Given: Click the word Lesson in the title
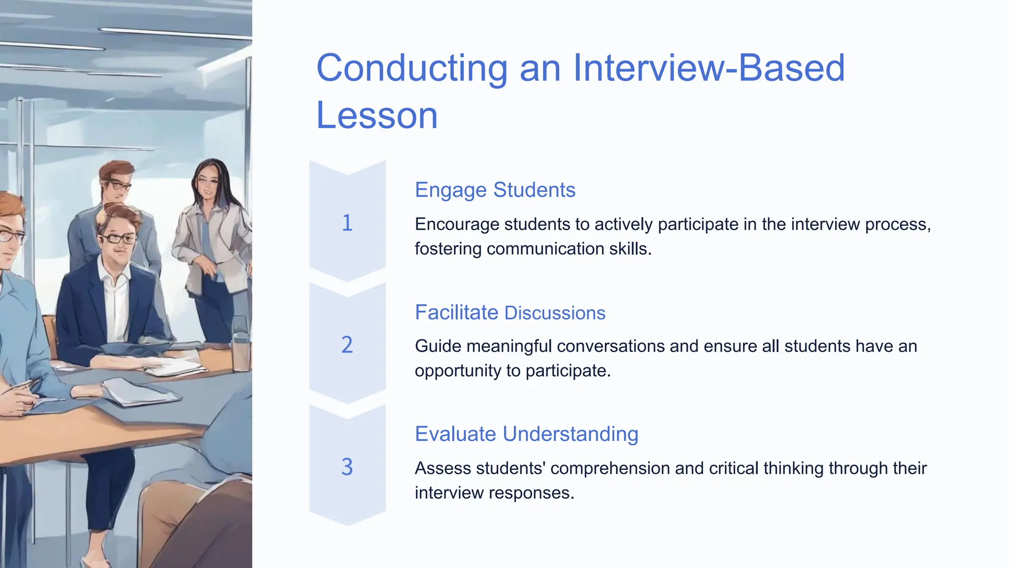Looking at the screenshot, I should (x=377, y=115).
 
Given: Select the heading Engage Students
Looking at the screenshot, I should (x=495, y=190).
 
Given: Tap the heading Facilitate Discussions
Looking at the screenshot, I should (x=510, y=313).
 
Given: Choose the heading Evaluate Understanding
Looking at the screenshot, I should (x=526, y=434).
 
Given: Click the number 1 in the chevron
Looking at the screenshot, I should (x=347, y=223).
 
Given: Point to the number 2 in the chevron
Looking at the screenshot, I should (x=347, y=345).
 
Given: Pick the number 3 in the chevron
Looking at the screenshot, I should (x=347, y=466).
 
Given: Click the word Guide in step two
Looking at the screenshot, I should (x=438, y=346).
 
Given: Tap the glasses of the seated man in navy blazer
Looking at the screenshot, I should (x=118, y=239).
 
